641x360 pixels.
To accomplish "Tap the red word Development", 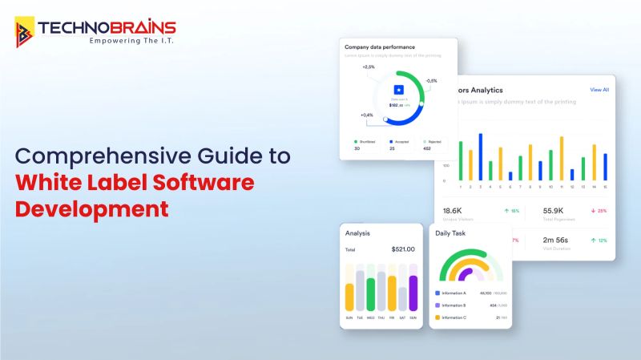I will click(93, 208).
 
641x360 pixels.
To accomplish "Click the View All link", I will click(599, 90).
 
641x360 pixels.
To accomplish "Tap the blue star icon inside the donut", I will click(398, 91).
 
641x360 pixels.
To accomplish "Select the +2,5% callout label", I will click(369, 67).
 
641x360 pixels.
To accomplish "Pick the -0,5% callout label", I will click(431, 80).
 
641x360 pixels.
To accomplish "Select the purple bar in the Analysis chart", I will click(413, 293).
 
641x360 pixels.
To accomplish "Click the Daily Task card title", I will click(450, 233).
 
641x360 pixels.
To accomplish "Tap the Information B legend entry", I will click(454, 305).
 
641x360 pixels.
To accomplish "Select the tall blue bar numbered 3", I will click(481, 156).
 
